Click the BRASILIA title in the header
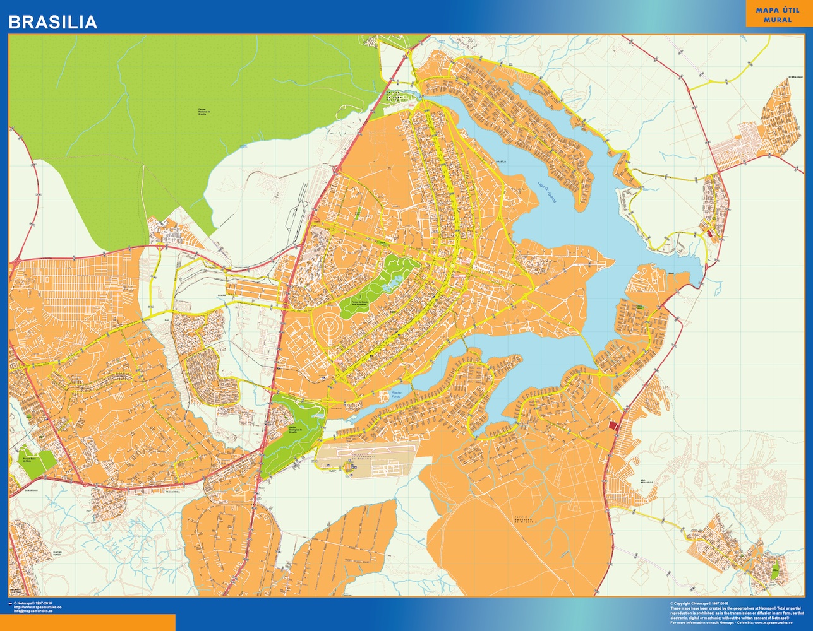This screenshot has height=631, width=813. [52, 22]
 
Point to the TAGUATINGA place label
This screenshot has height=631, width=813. [172, 490]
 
